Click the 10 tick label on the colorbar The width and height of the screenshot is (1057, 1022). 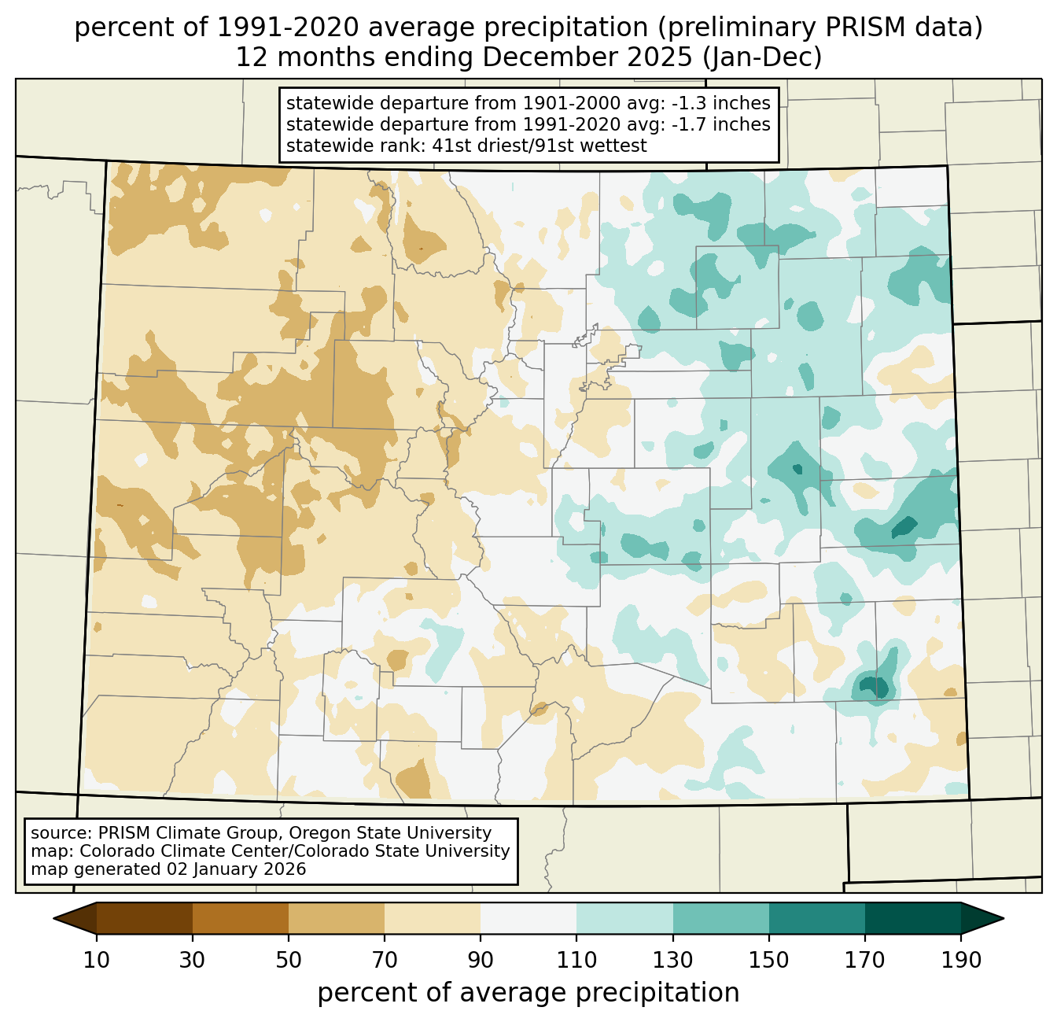(x=96, y=961)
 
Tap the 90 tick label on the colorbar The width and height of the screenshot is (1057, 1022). (x=481, y=961)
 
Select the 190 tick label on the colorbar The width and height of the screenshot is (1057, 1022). (x=961, y=961)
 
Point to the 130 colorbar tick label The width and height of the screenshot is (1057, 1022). (x=673, y=961)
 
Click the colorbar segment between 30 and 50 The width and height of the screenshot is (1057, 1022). (x=241, y=918)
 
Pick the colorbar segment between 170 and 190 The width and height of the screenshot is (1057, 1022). (x=913, y=918)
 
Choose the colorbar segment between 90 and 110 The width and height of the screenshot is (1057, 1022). (x=528, y=918)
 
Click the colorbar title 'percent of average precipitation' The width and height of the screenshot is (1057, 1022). (x=528, y=993)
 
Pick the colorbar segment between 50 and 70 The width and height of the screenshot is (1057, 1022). (x=337, y=918)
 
